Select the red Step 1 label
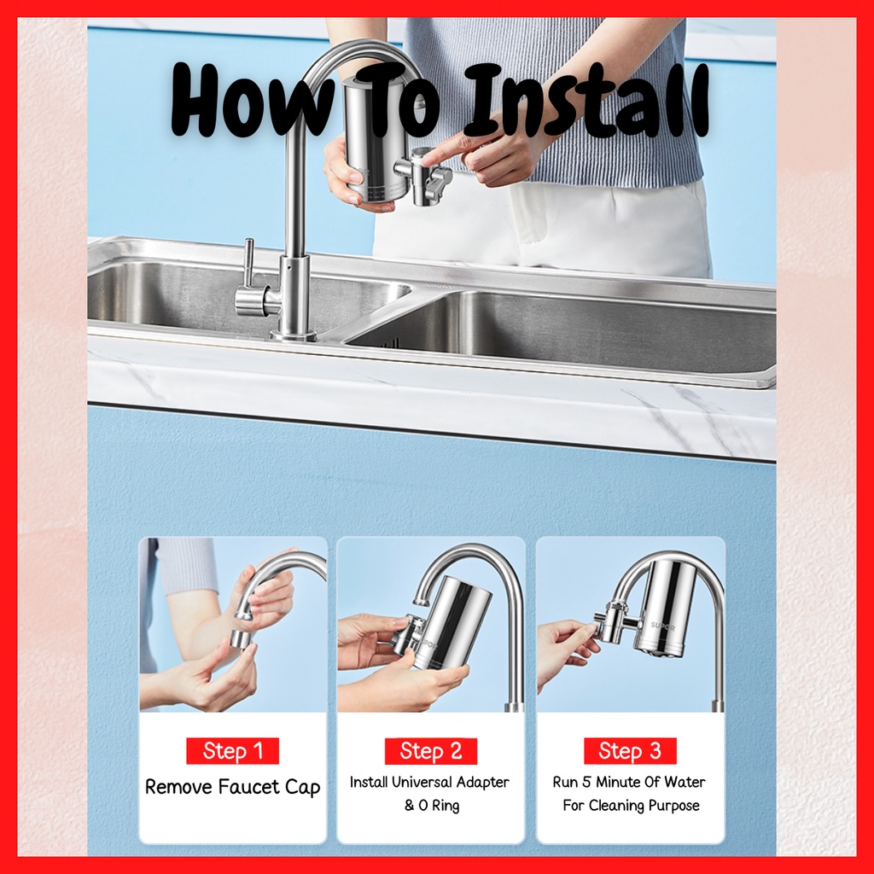pos(232,751)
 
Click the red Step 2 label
pos(431,751)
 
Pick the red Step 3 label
pos(630,751)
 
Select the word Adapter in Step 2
pos(483,784)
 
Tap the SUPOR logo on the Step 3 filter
pos(662,626)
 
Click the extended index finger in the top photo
pos(446,150)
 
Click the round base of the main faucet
pos(294,335)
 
